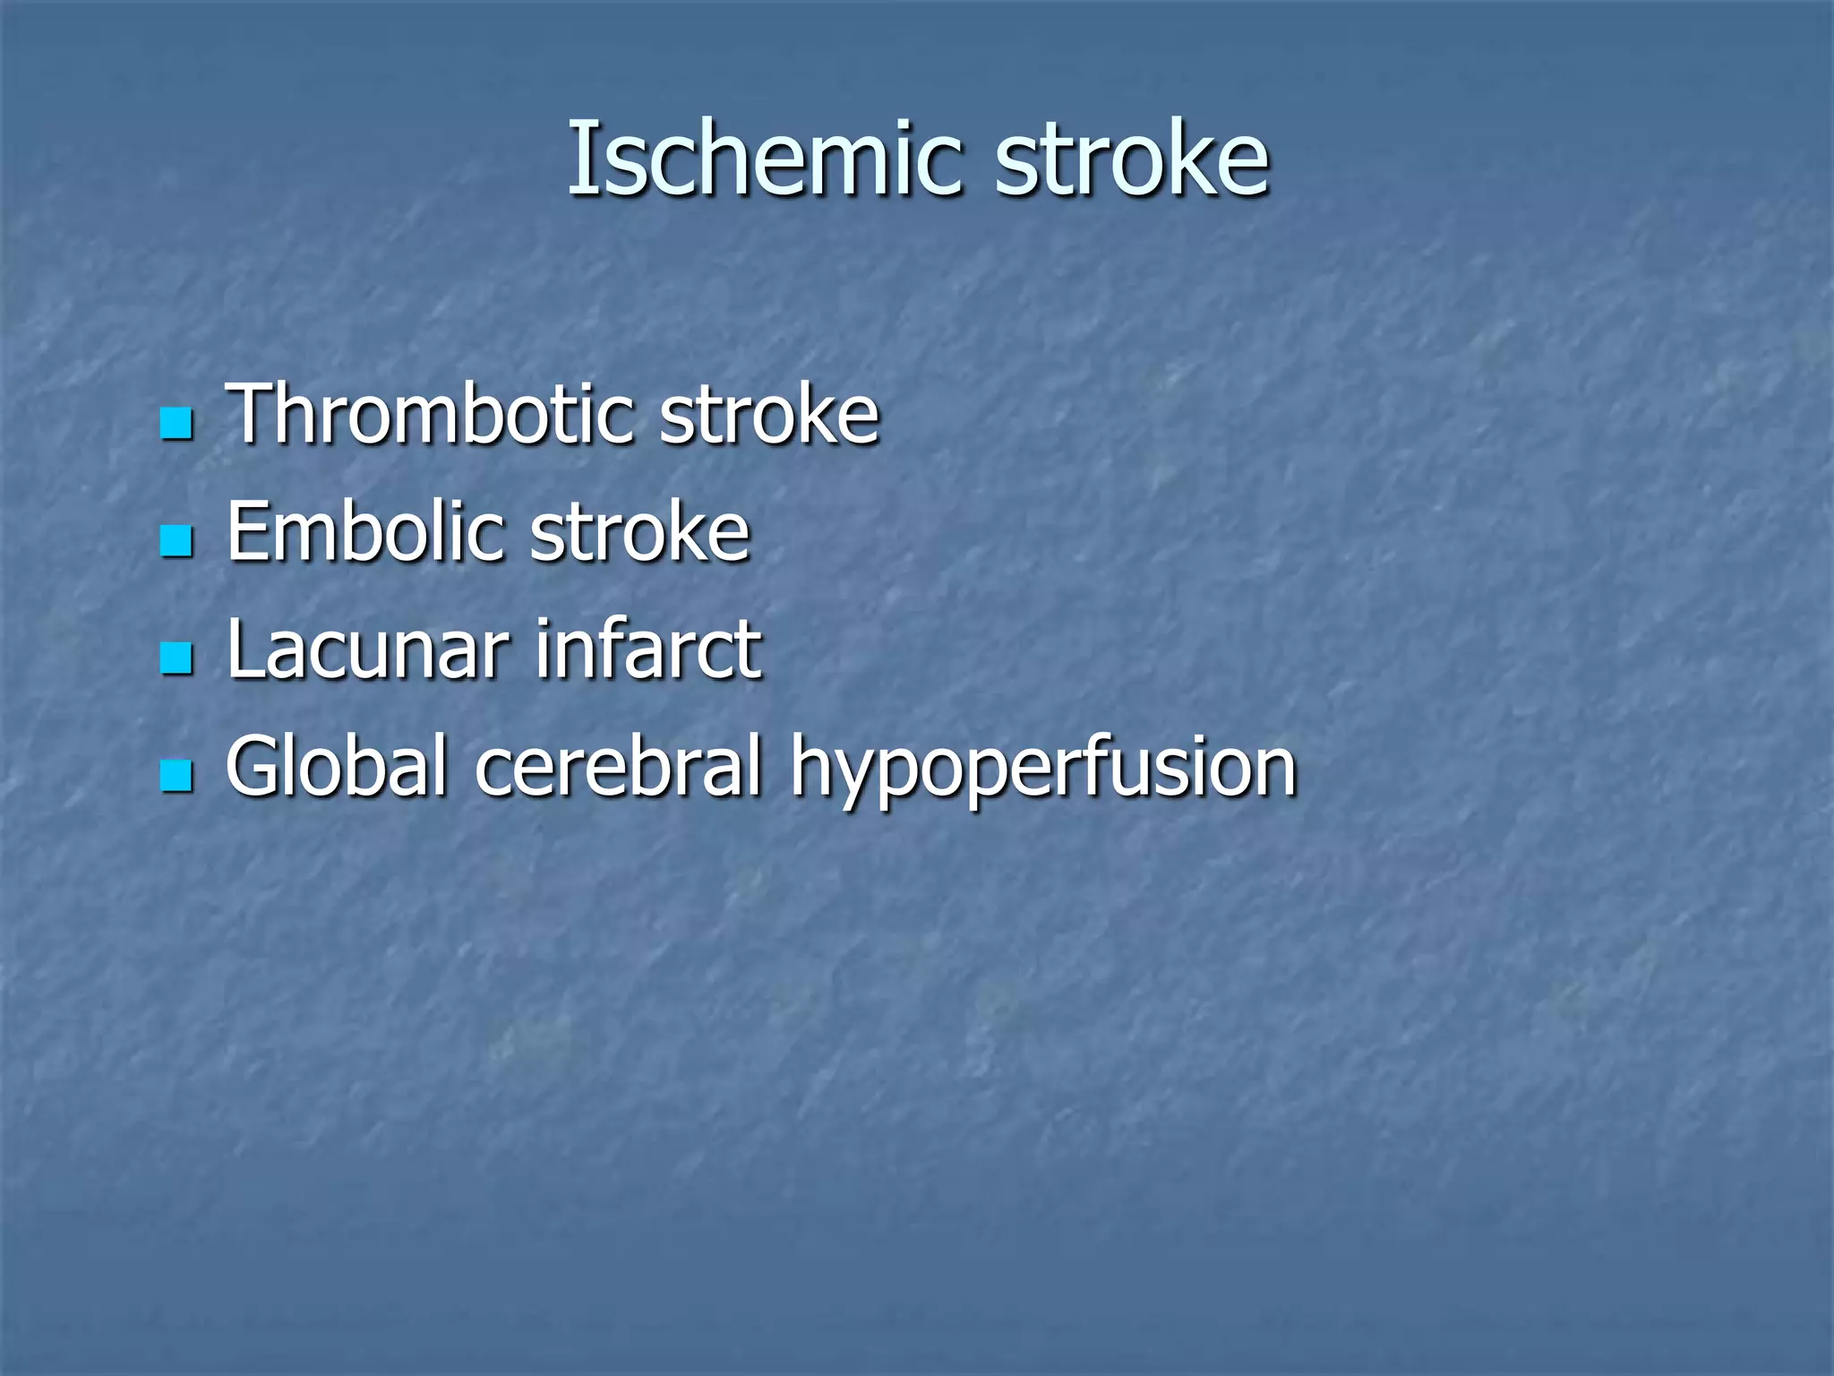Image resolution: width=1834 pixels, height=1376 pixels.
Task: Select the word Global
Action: [x=336, y=766]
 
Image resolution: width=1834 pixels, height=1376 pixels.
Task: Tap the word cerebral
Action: [x=618, y=766]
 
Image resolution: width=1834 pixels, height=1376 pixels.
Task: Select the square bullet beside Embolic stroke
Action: [x=176, y=540]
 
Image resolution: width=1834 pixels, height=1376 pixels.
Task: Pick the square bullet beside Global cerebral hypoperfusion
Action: [x=176, y=775]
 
